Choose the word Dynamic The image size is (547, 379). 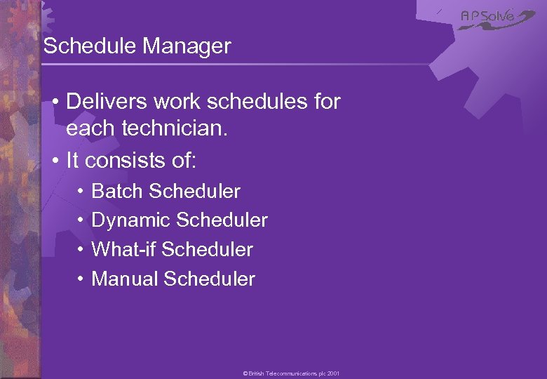(x=131, y=220)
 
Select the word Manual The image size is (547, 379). (x=125, y=279)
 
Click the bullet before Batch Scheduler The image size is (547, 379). (x=81, y=191)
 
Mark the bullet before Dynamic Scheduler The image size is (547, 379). (x=81, y=220)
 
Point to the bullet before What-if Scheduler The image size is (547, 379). (x=81, y=249)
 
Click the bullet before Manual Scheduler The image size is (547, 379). (x=81, y=279)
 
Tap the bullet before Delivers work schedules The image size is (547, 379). (x=55, y=102)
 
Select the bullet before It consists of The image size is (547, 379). (x=55, y=161)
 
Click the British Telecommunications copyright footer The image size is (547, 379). (x=291, y=374)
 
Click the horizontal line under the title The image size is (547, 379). (x=231, y=65)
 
